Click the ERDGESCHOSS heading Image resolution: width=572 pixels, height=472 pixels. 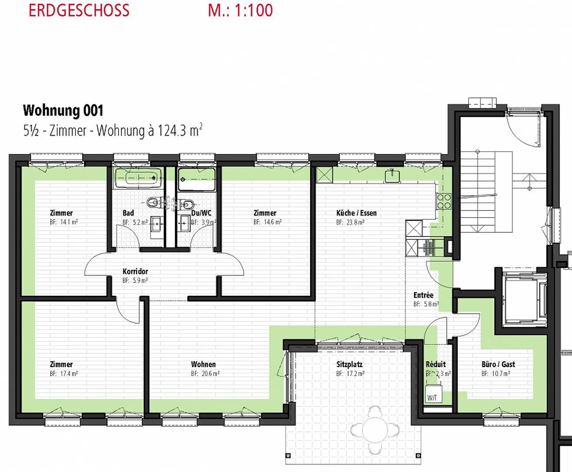pos(79,10)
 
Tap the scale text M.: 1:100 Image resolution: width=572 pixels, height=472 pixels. pos(240,10)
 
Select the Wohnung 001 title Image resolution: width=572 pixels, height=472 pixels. pos(63,111)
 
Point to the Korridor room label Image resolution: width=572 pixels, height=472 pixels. pos(135,271)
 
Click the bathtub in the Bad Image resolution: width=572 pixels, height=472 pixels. pos(138,178)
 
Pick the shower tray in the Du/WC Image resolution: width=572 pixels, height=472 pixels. pos(197,179)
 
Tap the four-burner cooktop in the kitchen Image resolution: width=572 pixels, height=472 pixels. pos(444,201)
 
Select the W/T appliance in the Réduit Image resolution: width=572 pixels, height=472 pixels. pos(433,394)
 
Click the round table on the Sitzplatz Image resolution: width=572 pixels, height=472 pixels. pos(375,430)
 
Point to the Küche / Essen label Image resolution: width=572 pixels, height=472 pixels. pos(356,213)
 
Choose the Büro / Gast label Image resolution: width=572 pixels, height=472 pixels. pos(498,364)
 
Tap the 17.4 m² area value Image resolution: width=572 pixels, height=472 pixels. pos(69,374)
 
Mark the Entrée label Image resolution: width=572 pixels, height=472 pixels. pos(423,295)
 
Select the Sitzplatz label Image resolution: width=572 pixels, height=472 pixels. pos(349,364)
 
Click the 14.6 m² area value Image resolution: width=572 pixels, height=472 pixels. pos(272,222)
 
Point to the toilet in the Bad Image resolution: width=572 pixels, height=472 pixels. pos(153,203)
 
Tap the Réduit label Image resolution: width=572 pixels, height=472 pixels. pos(436,364)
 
